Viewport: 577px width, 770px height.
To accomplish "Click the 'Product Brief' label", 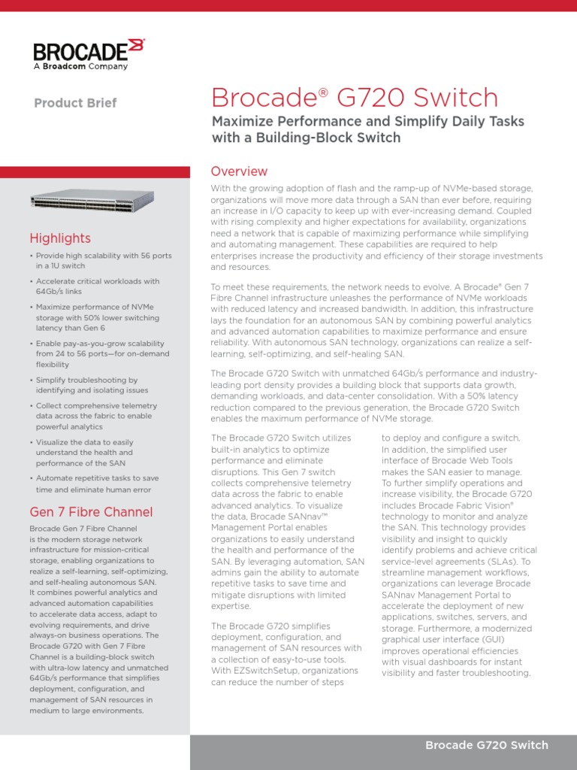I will coord(75,103).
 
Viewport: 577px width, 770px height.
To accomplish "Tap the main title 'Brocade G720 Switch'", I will coord(355,98).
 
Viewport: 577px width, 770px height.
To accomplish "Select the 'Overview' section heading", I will coord(239,171).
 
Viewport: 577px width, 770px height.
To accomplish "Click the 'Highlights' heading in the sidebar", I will coord(60,238).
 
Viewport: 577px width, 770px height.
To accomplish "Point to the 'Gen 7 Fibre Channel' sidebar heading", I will coord(91,512).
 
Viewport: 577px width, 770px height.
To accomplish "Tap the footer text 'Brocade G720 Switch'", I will coord(487,745).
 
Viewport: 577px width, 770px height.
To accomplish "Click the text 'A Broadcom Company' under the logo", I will coord(80,66).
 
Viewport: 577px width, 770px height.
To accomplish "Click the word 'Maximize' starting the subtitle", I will coord(242,121).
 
